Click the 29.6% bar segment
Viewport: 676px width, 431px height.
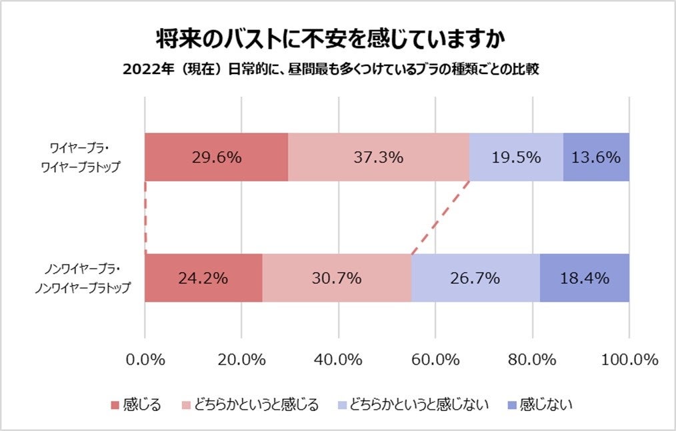tap(216, 157)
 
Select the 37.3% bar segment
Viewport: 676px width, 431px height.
tap(378, 157)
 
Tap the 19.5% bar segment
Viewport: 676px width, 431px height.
tap(516, 157)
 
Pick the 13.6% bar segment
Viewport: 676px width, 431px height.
tap(596, 157)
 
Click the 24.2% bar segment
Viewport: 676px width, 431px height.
tap(203, 278)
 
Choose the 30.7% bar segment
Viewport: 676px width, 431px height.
tap(337, 278)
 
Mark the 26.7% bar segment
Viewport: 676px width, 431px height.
tap(475, 278)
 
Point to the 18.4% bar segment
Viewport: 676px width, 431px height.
tap(585, 278)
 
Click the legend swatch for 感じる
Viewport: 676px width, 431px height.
tap(115, 404)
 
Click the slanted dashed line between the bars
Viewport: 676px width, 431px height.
tap(440, 218)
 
